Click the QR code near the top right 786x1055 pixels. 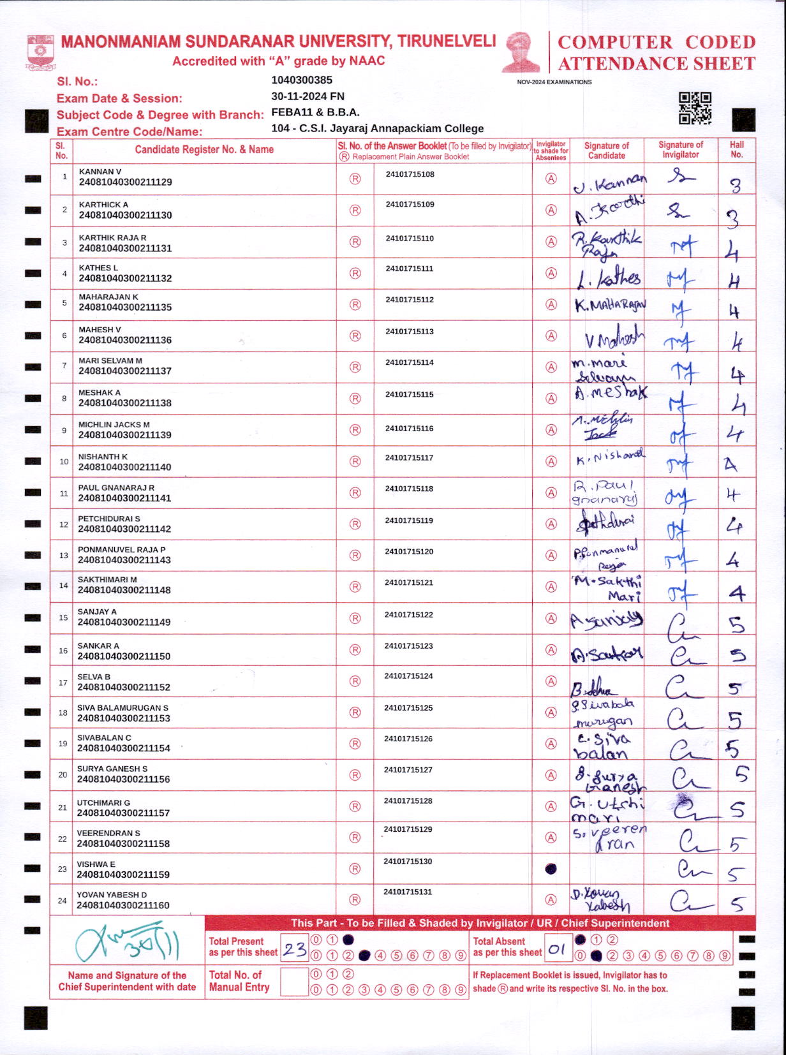695,108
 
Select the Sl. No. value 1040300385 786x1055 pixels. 302,80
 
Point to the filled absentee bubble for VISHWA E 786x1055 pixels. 551,869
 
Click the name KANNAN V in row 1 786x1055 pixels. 100,172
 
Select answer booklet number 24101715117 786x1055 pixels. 409,458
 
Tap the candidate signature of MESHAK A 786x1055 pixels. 609,393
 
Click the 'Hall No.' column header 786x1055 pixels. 737,150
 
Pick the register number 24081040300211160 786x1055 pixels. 123,905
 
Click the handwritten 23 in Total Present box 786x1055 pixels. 295,950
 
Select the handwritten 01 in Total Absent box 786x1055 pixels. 557,950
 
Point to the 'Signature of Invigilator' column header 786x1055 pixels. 681,150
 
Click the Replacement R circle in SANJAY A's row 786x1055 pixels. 355,618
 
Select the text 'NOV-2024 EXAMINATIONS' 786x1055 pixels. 554,82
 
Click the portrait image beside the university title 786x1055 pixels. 522,52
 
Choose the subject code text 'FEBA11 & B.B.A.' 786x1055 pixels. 315,112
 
